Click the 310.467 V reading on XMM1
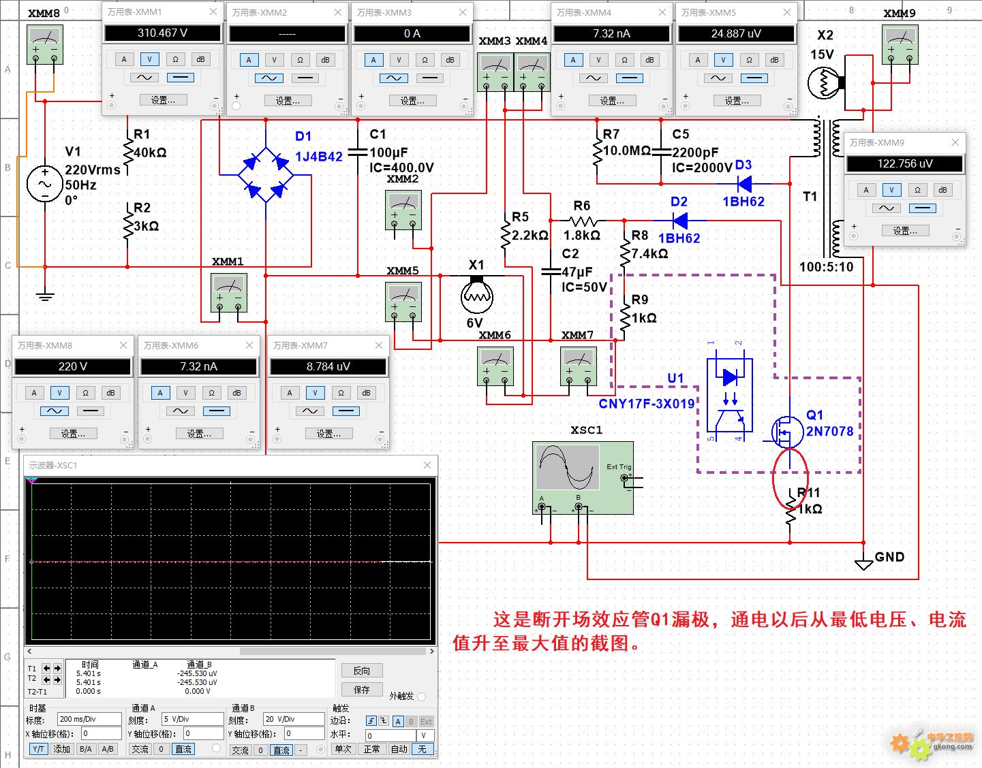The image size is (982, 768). [x=163, y=33]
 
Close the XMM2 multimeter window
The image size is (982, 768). [x=338, y=13]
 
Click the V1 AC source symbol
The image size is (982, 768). [x=45, y=184]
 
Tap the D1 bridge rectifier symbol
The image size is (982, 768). [x=266, y=175]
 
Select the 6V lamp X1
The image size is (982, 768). [x=477, y=294]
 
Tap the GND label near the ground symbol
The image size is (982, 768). [x=889, y=557]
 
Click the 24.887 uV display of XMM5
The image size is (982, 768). [x=736, y=33]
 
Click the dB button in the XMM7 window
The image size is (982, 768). [x=366, y=393]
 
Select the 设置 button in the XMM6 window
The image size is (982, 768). [x=199, y=434]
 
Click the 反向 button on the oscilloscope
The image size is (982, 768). [x=362, y=671]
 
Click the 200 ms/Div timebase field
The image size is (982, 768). [x=89, y=719]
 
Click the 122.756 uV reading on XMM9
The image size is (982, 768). [x=905, y=163]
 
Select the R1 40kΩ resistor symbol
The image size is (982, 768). [x=128, y=152]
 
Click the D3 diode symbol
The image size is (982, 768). [x=744, y=184]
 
